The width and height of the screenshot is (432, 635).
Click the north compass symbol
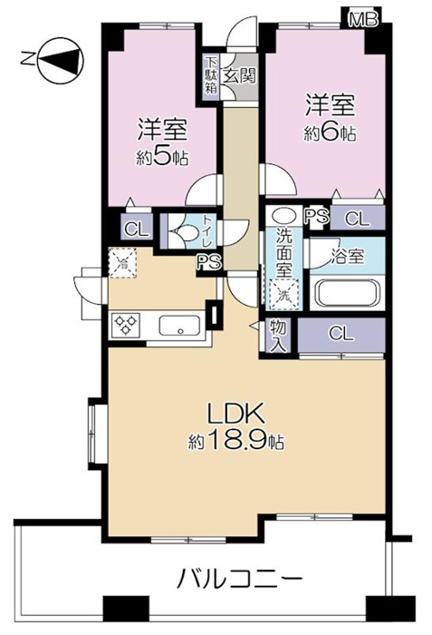point(61,61)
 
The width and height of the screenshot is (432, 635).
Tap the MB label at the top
point(363,19)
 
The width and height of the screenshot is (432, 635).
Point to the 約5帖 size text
point(162,159)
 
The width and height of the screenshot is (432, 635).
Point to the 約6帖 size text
point(331,133)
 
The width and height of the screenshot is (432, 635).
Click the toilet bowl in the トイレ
point(184,234)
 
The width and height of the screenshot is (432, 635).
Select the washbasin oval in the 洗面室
point(284,215)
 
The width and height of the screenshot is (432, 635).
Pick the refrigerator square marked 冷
point(122,263)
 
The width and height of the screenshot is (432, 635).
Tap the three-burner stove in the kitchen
point(125,325)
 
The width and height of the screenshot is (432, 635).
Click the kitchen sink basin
point(179,325)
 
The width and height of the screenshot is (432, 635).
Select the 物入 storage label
point(278,336)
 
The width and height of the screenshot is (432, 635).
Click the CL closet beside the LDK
point(341,335)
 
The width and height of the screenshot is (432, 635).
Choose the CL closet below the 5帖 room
point(137,230)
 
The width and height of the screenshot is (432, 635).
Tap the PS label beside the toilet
point(209,263)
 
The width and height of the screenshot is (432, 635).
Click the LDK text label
point(235,414)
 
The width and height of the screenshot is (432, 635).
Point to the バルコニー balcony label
point(239,579)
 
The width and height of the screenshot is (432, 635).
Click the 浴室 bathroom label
point(348,257)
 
